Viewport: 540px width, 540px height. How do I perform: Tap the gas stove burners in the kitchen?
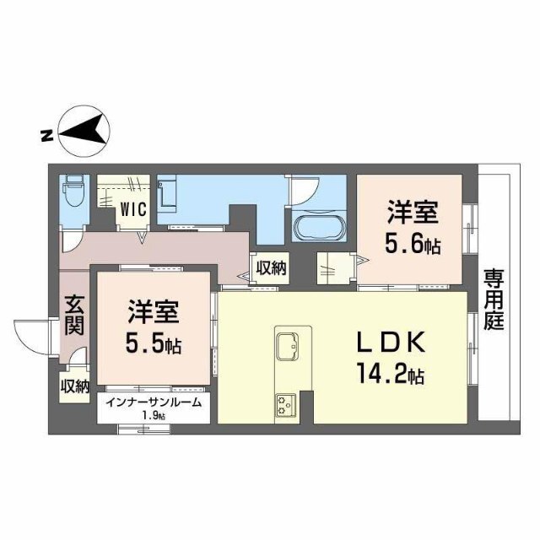[x=283, y=405]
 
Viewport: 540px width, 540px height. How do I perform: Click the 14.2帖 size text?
[x=394, y=373]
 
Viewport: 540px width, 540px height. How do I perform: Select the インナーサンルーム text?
[x=154, y=402]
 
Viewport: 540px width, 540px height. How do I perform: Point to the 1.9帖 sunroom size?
[x=154, y=417]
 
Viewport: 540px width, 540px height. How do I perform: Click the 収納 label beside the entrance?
[x=75, y=387]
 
